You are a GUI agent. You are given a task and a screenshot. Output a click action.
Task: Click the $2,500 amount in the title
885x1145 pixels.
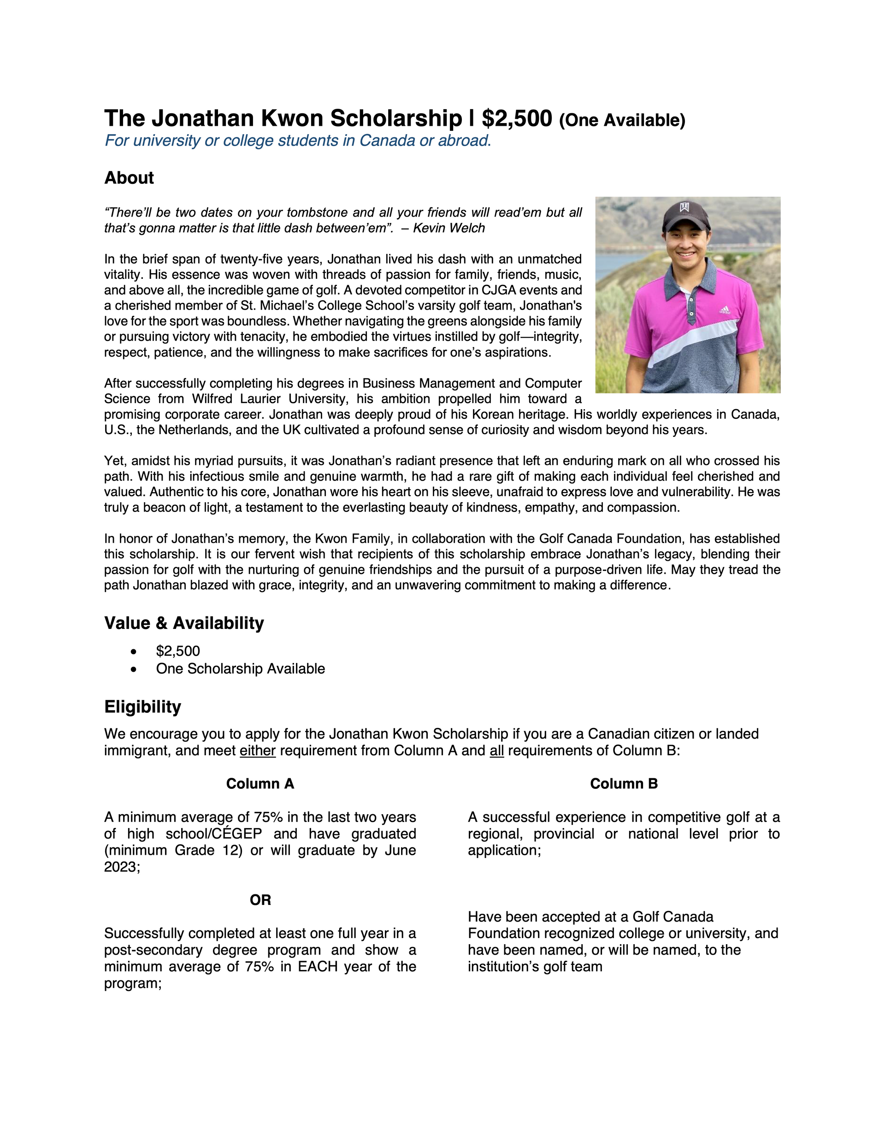pyautogui.click(x=517, y=118)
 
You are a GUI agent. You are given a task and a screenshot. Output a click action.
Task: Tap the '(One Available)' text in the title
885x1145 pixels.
pyautogui.click(x=622, y=121)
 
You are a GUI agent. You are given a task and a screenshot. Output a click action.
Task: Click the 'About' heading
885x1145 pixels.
pyautogui.click(x=129, y=178)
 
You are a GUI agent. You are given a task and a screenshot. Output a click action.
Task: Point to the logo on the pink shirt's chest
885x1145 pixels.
pyautogui.click(x=724, y=311)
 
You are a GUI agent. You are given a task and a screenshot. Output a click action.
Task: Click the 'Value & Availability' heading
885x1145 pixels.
pyautogui.click(x=184, y=623)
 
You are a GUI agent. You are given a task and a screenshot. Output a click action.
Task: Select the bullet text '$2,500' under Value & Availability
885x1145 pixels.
pyautogui.click(x=178, y=651)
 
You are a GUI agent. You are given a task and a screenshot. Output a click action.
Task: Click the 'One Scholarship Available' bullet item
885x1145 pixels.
pyautogui.click(x=240, y=669)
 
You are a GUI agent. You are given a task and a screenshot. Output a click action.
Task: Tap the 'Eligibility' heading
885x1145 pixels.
pyautogui.click(x=143, y=707)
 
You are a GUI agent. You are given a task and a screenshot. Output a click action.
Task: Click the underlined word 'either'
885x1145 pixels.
pyautogui.click(x=258, y=751)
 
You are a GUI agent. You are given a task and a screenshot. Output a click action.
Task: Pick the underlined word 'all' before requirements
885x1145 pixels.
pyautogui.click(x=497, y=751)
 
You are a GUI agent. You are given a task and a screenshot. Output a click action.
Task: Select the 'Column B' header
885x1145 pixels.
pyautogui.click(x=624, y=784)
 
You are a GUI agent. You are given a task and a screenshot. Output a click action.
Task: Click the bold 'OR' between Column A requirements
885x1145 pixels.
pyautogui.click(x=260, y=900)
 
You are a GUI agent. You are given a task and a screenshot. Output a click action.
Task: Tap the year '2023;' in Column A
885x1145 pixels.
pyautogui.click(x=122, y=867)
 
